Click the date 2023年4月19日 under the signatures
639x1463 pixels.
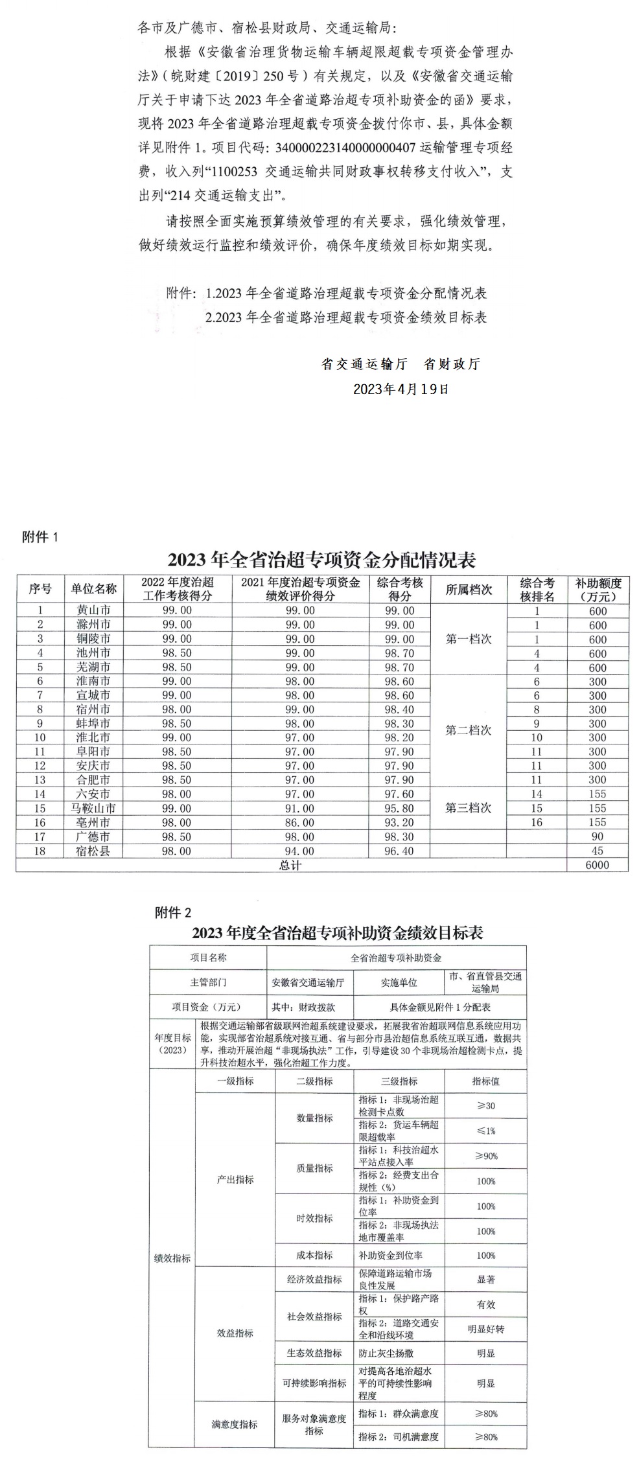pyautogui.click(x=401, y=389)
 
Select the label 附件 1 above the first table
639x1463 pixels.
pyautogui.click(x=40, y=537)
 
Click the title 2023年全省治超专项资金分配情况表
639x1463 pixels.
pyautogui.click(x=321, y=559)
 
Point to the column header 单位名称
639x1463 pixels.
pyautogui.click(x=93, y=589)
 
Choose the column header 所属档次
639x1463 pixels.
pyautogui.click(x=469, y=589)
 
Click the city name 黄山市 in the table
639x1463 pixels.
pyautogui.click(x=93, y=610)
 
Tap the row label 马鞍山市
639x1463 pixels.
pyautogui.click(x=93, y=808)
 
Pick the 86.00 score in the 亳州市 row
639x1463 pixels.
pyautogui.click(x=300, y=822)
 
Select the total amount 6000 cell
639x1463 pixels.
pyautogui.click(x=597, y=864)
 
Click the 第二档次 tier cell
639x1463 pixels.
pyautogui.click(x=469, y=730)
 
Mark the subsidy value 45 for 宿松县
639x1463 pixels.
pyautogui.click(x=597, y=851)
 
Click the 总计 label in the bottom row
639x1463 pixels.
pyautogui.click(x=290, y=864)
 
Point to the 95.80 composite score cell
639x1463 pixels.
pyautogui.click(x=400, y=808)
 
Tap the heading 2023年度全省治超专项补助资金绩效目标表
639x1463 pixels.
pyautogui.click(x=337, y=933)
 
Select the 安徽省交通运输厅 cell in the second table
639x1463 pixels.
pyautogui.click(x=308, y=982)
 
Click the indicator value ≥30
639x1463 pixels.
pyautogui.click(x=485, y=1105)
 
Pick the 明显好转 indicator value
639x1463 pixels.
pyautogui.click(x=485, y=1329)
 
